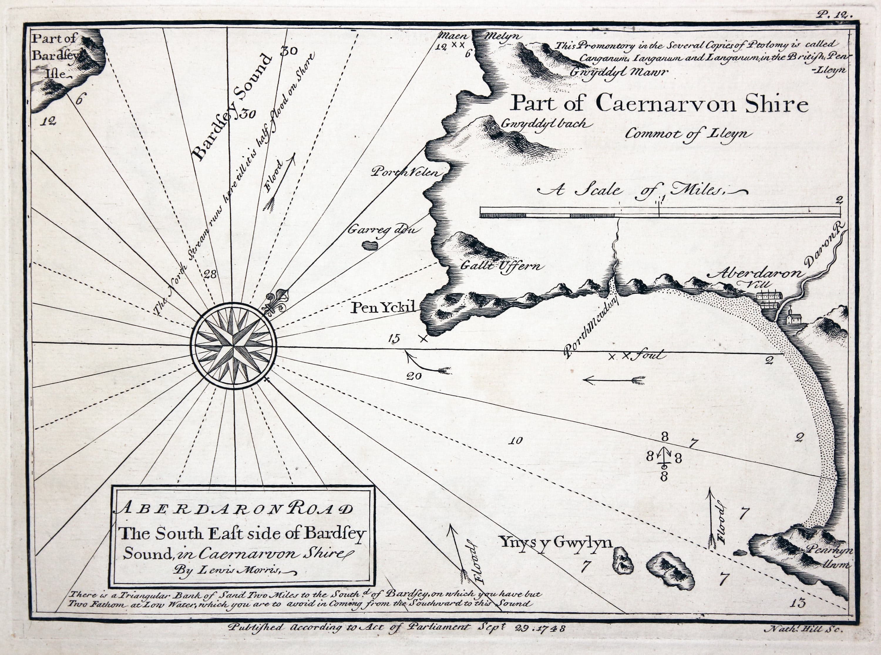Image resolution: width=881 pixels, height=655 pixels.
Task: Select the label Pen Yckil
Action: pos(383,307)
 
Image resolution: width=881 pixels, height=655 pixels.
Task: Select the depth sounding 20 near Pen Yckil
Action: pos(413,376)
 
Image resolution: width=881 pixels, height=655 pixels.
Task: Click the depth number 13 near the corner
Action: pos(797,603)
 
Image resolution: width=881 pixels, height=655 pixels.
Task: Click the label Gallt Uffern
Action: pos(502,266)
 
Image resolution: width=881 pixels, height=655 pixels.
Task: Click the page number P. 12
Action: pos(833,15)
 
